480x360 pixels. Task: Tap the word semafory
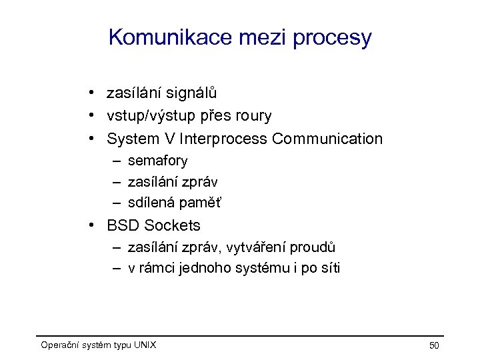tap(157, 161)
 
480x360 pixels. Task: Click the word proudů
tap(313, 247)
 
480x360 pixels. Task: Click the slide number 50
tap(433, 345)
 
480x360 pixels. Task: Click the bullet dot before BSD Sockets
tap(97, 226)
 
